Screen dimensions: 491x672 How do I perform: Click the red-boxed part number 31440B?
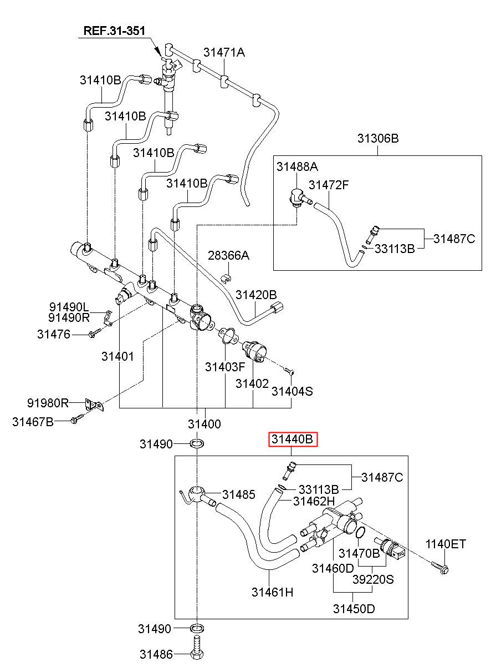tap(293, 439)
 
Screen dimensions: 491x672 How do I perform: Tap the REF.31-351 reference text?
tap(114, 31)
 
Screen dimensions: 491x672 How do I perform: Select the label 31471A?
tap(224, 53)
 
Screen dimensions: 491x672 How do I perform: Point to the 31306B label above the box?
tap(378, 138)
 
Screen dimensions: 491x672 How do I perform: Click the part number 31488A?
tap(297, 166)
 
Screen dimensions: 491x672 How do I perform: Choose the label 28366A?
tap(228, 256)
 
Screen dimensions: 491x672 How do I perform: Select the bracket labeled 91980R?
tap(94, 405)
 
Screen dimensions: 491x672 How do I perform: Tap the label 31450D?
tap(354, 609)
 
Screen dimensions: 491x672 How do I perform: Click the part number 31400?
tap(204, 424)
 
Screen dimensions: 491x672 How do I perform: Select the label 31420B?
tap(256, 295)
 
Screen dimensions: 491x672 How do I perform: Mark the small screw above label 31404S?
tap(290, 371)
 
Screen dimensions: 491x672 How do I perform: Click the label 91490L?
tap(69, 307)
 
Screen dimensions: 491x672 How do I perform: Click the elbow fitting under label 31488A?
tap(298, 197)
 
